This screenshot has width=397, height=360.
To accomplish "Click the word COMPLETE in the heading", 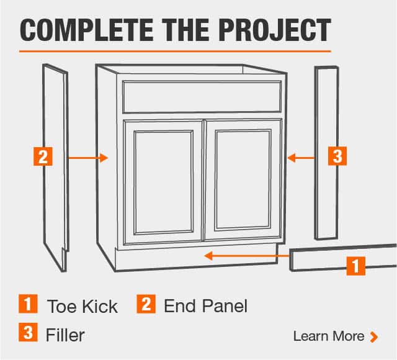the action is (x=86, y=30).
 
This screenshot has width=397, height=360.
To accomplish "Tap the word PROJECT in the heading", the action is (x=275, y=30).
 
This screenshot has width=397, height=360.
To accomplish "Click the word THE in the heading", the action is (x=186, y=30).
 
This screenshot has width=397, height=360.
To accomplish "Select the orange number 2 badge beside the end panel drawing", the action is (x=43, y=156).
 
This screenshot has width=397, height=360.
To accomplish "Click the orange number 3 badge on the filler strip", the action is (x=337, y=156).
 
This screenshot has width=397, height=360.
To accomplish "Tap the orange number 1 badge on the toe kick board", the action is (x=356, y=266).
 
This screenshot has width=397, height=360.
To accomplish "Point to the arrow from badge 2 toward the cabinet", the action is (x=88, y=158).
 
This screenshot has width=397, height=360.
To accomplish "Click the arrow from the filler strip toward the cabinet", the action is (x=301, y=158).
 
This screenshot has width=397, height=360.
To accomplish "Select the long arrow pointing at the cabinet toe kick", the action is (x=247, y=256).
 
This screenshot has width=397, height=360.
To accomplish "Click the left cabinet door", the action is (x=163, y=182).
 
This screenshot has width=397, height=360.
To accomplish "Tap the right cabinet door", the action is (x=244, y=179).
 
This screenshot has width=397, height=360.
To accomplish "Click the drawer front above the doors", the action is (x=202, y=97).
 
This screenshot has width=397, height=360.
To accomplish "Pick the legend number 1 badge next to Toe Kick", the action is (x=28, y=304).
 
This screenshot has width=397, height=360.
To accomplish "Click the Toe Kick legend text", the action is (x=83, y=306).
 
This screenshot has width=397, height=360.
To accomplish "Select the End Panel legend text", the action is (x=205, y=306).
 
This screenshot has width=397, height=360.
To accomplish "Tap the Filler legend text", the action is (x=65, y=335).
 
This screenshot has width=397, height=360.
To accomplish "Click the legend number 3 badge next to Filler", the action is (x=28, y=332).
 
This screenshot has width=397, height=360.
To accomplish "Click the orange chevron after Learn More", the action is (x=374, y=337).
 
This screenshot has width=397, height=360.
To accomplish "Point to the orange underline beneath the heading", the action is (x=175, y=51).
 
